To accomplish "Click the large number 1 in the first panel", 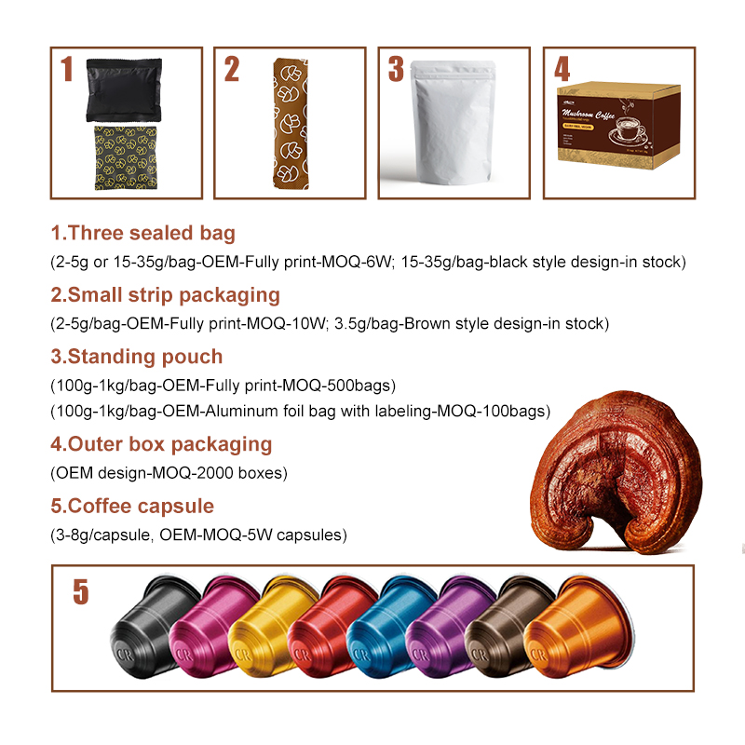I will coord(66,70).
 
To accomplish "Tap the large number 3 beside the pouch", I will coord(396,69).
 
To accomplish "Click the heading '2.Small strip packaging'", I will coord(165,294).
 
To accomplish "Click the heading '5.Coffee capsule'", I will coord(132,507).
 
